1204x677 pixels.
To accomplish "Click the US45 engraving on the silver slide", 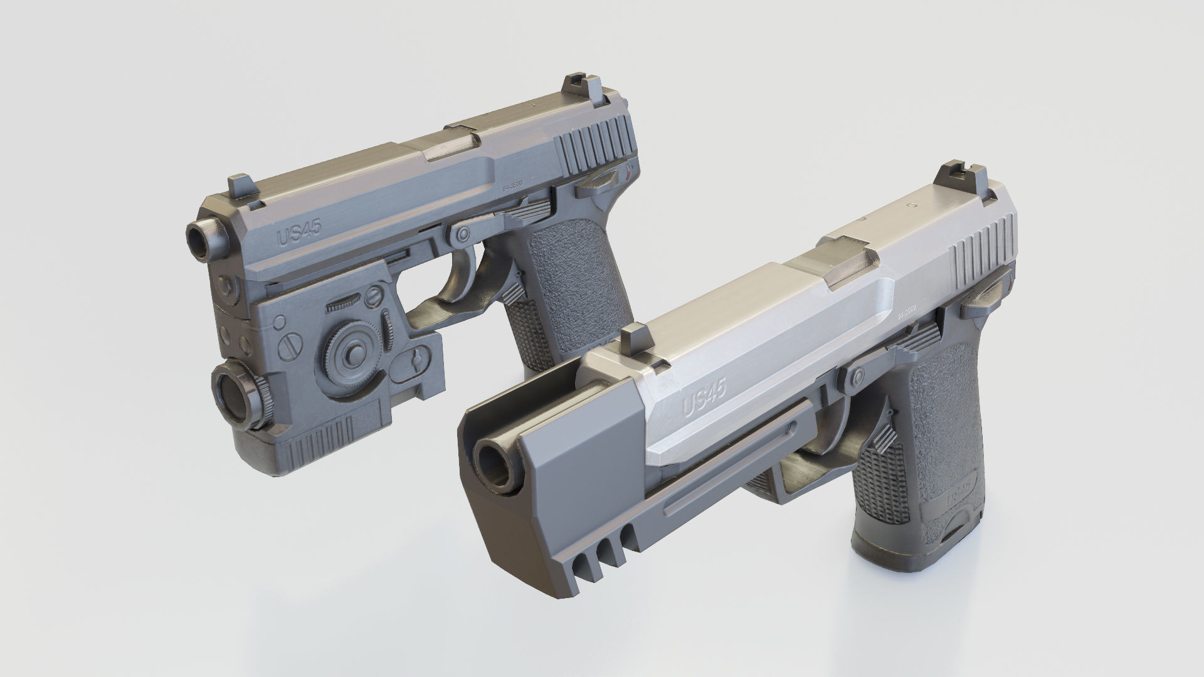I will point(704,399).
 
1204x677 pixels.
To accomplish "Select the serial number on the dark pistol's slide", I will point(512,184).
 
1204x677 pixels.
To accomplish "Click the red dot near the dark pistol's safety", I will point(629,179).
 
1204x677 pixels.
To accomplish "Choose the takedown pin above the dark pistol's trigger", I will point(463,234).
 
